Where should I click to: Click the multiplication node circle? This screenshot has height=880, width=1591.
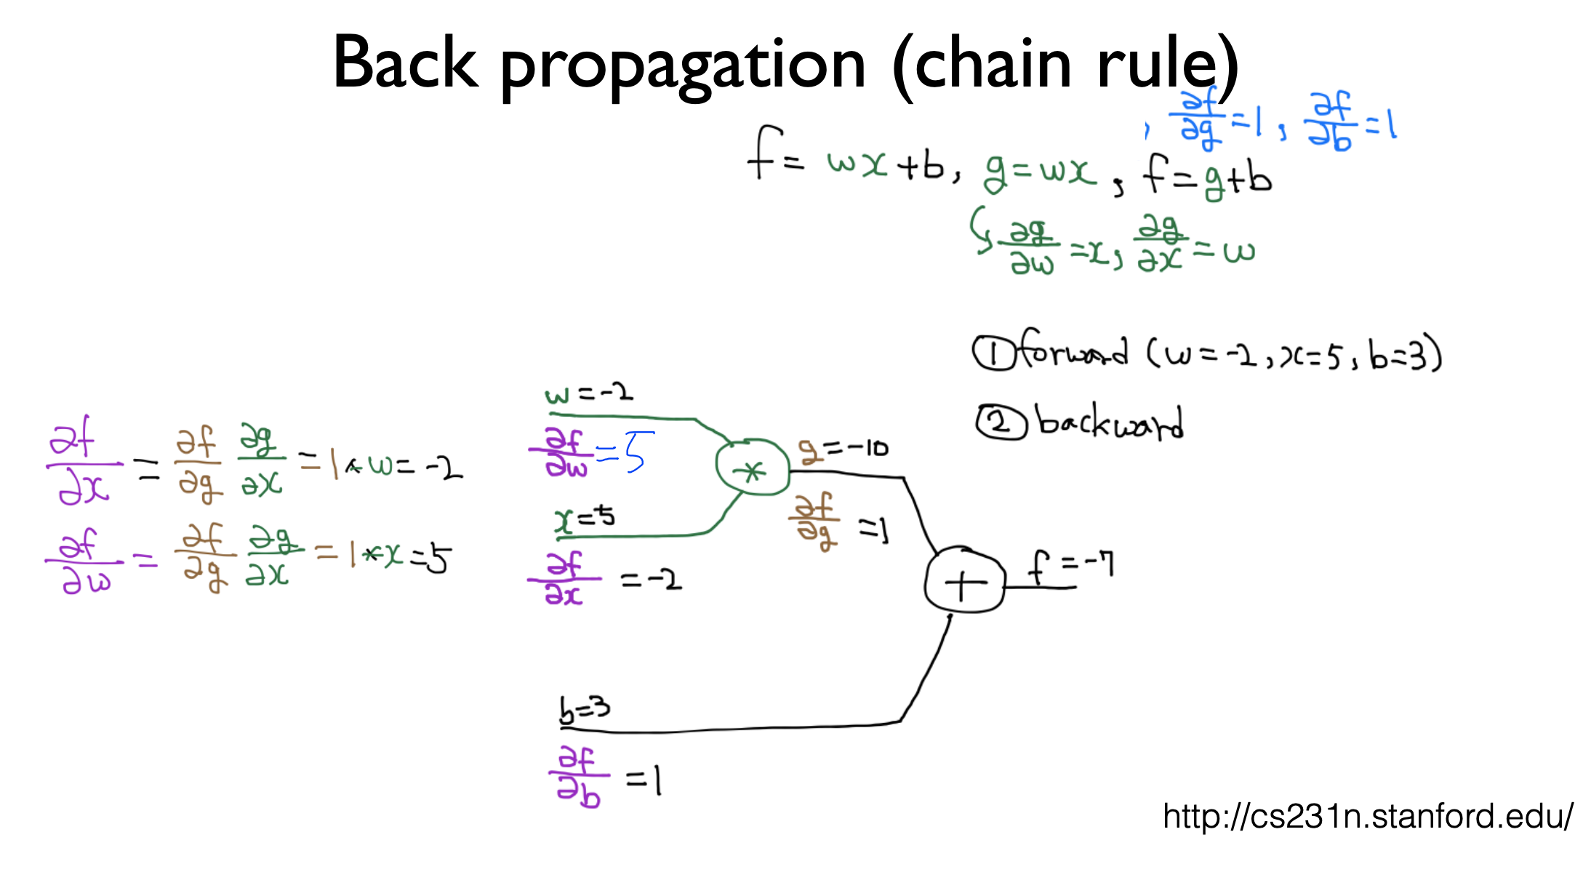752,468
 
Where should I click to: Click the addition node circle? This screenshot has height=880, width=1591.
964,582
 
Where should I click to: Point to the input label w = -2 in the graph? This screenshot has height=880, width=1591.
589,394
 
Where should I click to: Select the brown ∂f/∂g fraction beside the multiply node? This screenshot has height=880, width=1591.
814,522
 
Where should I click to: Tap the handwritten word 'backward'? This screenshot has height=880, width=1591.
1110,423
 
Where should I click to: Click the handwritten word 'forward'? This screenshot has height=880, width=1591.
1072,352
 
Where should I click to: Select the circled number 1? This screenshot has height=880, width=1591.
993,353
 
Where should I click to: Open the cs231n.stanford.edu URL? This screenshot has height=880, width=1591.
1368,817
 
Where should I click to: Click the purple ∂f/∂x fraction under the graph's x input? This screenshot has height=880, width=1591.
564,579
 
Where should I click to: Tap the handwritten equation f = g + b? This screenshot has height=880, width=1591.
1207,177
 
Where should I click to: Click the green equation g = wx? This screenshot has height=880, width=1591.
1040,173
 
